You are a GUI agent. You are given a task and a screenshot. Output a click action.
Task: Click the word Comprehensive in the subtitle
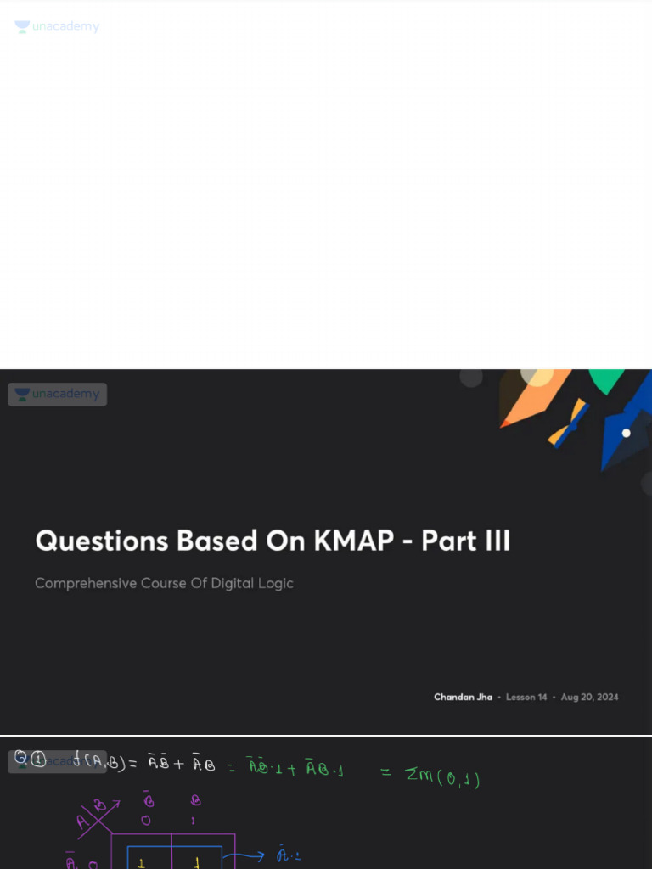(x=85, y=584)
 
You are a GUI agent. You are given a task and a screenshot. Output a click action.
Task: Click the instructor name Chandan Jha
(x=463, y=697)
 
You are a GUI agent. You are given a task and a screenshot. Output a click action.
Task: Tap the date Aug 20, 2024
(x=589, y=697)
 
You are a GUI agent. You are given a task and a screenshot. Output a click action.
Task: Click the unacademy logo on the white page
(x=58, y=27)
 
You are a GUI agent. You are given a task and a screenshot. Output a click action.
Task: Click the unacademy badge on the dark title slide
(x=58, y=394)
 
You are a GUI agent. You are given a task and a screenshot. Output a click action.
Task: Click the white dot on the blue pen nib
(x=627, y=433)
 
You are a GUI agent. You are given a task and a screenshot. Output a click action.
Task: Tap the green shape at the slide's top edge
(x=606, y=380)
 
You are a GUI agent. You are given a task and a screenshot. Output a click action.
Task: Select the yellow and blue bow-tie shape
(x=569, y=423)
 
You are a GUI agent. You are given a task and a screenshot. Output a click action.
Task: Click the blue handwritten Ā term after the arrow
(x=284, y=855)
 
